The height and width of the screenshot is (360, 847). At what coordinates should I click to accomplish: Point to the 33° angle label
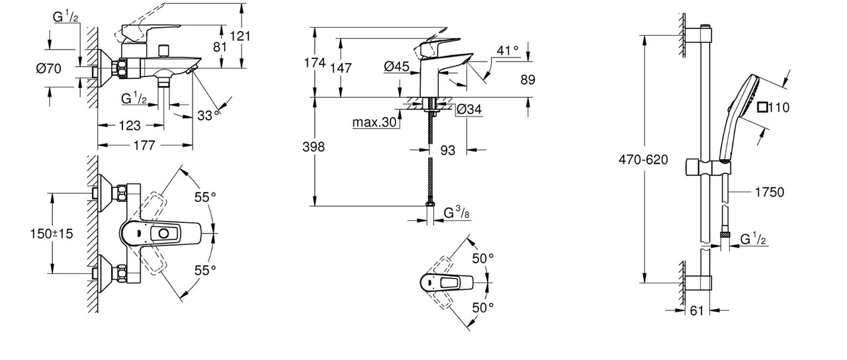(x=208, y=115)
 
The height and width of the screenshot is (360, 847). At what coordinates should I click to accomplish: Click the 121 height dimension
(x=242, y=36)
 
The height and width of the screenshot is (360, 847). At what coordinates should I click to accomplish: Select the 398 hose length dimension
(x=313, y=147)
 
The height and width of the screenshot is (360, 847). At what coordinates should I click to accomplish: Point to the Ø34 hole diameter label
(x=469, y=110)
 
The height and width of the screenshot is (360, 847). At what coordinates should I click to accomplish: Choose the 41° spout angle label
(x=508, y=50)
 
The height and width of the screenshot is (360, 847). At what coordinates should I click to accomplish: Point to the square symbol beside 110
(x=763, y=107)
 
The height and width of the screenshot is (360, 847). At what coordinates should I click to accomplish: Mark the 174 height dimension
(x=315, y=63)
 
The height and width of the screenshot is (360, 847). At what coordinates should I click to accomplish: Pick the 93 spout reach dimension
(x=448, y=151)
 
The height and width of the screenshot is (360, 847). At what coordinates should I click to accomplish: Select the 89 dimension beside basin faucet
(x=527, y=79)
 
